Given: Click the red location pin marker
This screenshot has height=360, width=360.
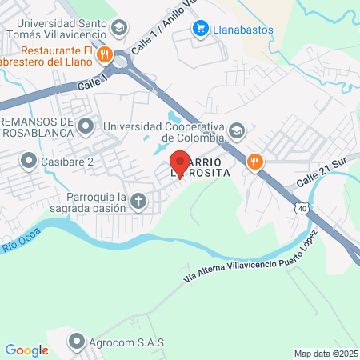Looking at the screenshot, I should tap(180, 163).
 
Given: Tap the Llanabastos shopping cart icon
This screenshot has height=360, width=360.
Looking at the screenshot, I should tap(199, 30).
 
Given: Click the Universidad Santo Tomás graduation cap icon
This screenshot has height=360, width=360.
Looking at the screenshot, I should tap(119, 29).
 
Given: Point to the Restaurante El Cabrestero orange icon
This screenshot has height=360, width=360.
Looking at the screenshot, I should tap(104, 55).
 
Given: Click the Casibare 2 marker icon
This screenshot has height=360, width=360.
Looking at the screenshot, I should tap(29, 162).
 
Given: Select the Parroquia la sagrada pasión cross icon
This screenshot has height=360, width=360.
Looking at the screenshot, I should tap(138, 201).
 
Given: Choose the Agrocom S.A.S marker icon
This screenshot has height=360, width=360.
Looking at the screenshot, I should tap(78, 342).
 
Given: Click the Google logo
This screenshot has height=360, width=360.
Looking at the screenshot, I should tap(26, 350).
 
